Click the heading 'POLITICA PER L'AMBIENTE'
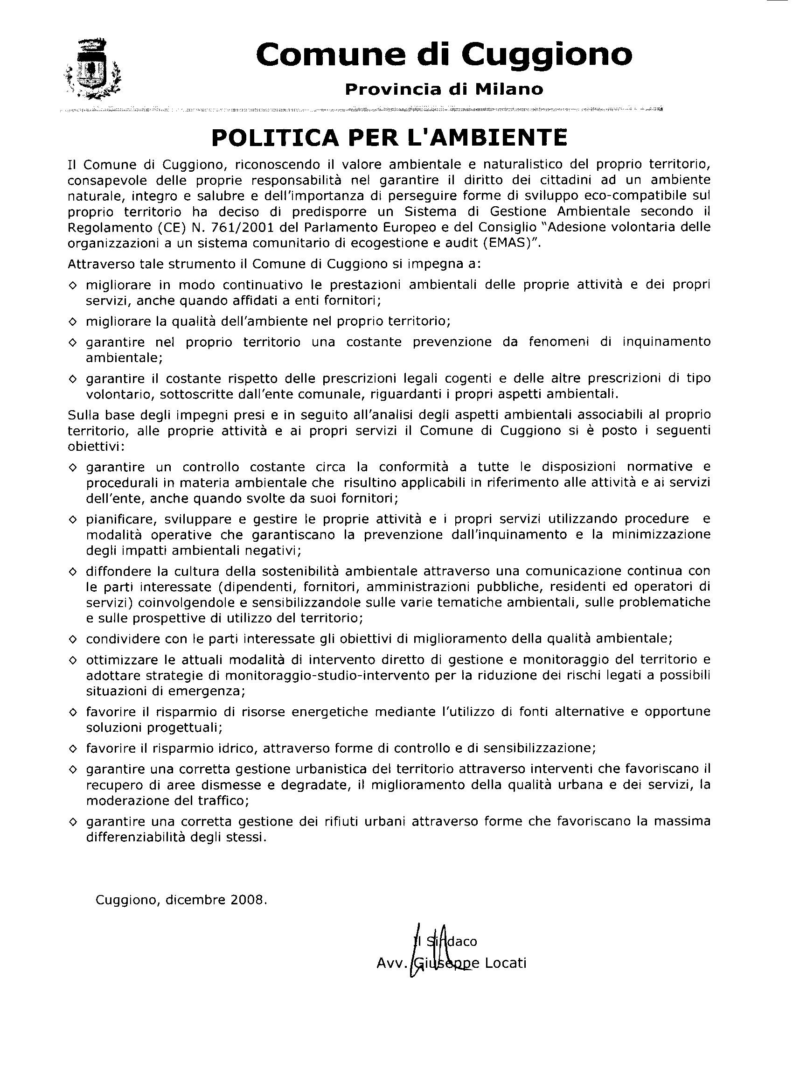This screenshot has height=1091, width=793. point(389,138)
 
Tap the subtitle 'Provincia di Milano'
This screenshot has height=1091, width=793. point(444,89)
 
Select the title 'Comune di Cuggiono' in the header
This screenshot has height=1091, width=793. point(444,54)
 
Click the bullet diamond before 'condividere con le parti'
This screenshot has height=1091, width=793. point(73,639)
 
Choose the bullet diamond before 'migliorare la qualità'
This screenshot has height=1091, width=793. point(73,321)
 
